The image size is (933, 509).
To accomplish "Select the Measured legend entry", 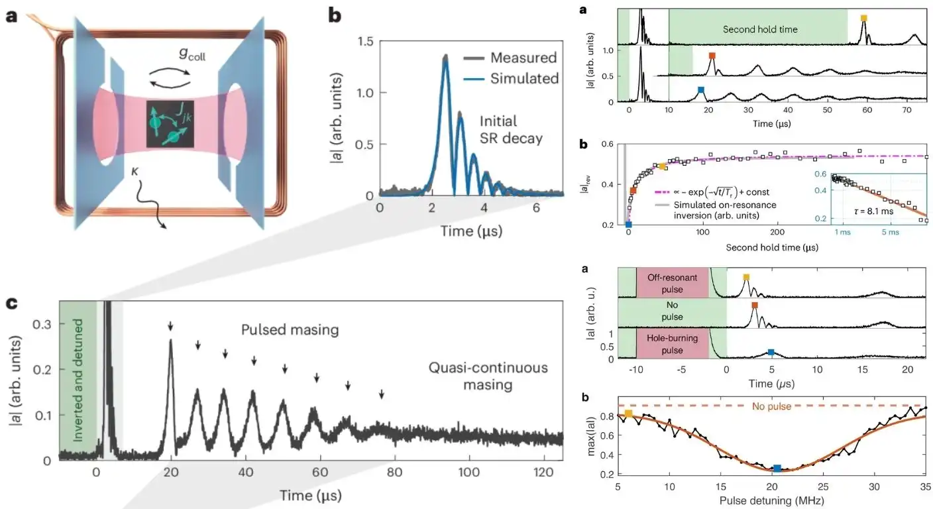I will [523, 58].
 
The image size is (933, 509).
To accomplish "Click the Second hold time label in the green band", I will [759, 29].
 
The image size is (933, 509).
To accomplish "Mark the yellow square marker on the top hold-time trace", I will [863, 19].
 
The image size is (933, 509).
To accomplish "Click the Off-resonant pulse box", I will [673, 283].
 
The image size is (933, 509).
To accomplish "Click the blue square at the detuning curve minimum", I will [777, 469].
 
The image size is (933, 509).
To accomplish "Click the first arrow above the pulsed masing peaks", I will [170, 325].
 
